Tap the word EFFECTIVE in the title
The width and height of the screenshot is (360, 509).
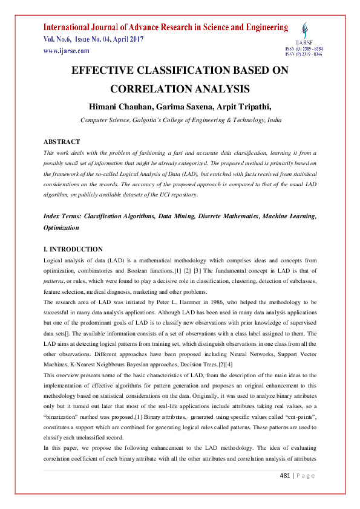pos(105,70)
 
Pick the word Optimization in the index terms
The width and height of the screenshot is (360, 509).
pos(61,228)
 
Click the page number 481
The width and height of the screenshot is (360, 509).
pos(286,493)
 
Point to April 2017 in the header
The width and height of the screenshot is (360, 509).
pos(125,39)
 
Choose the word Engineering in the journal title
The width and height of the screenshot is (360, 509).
pos(260,27)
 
